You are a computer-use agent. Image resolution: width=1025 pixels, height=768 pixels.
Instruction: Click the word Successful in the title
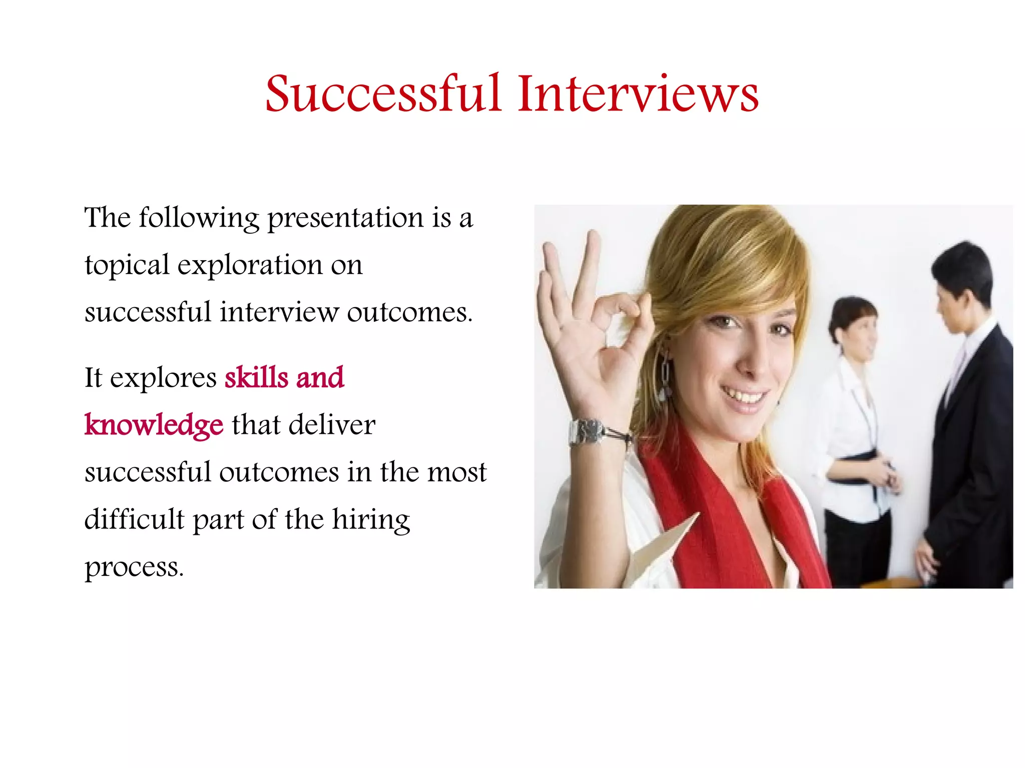click(x=383, y=94)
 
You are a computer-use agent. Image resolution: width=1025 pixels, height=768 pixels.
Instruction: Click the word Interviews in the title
click(x=638, y=94)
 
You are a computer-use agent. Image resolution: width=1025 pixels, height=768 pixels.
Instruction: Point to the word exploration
click(x=250, y=266)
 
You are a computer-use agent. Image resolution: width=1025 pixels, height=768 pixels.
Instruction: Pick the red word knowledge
click(x=154, y=425)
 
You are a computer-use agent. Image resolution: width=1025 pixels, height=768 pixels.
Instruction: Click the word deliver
click(x=332, y=425)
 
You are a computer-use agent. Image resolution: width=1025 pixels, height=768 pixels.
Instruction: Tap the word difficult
click(x=134, y=519)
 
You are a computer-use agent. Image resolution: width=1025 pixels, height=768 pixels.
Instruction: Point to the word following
click(x=199, y=219)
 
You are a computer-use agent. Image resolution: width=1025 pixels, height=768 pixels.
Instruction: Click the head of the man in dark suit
click(x=961, y=285)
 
